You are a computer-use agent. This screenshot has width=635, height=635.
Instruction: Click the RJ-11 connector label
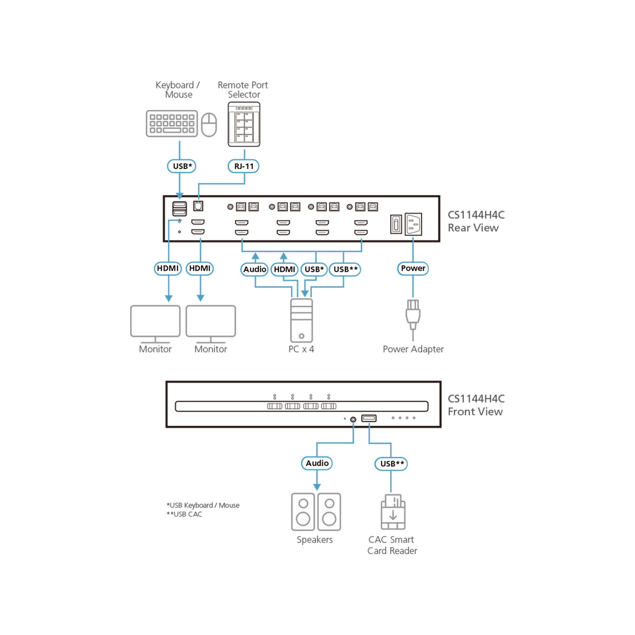click(x=243, y=166)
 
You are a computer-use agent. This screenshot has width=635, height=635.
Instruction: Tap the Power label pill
click(x=413, y=269)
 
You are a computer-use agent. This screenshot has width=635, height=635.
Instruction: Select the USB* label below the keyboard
click(x=181, y=166)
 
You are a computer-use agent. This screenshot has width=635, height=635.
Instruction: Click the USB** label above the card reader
click(x=391, y=464)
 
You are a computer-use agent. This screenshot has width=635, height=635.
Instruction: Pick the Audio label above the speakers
click(x=317, y=464)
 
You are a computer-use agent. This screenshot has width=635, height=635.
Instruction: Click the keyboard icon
click(x=171, y=124)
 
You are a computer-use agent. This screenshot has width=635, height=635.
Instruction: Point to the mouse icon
click(x=209, y=124)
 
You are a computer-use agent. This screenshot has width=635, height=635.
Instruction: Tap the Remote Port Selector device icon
click(x=244, y=124)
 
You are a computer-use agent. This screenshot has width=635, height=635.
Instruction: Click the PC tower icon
click(x=301, y=320)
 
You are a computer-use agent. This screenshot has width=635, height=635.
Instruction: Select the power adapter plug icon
click(x=413, y=315)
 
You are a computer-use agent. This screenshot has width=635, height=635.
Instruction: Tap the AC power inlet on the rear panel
click(x=413, y=224)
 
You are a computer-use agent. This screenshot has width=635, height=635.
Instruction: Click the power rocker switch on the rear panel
click(x=396, y=224)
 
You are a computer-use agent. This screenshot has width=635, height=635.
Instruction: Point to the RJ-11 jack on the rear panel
click(x=198, y=206)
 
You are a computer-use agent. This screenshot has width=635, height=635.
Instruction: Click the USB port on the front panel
click(x=369, y=418)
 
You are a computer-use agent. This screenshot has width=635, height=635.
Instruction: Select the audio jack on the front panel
click(x=353, y=420)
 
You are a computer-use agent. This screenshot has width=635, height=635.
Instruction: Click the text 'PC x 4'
click(x=301, y=349)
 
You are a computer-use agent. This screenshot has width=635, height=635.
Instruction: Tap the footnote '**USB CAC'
click(x=184, y=514)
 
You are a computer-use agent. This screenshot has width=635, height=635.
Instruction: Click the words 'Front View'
click(x=475, y=412)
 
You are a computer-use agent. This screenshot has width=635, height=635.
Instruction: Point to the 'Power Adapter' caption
click(x=413, y=349)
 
